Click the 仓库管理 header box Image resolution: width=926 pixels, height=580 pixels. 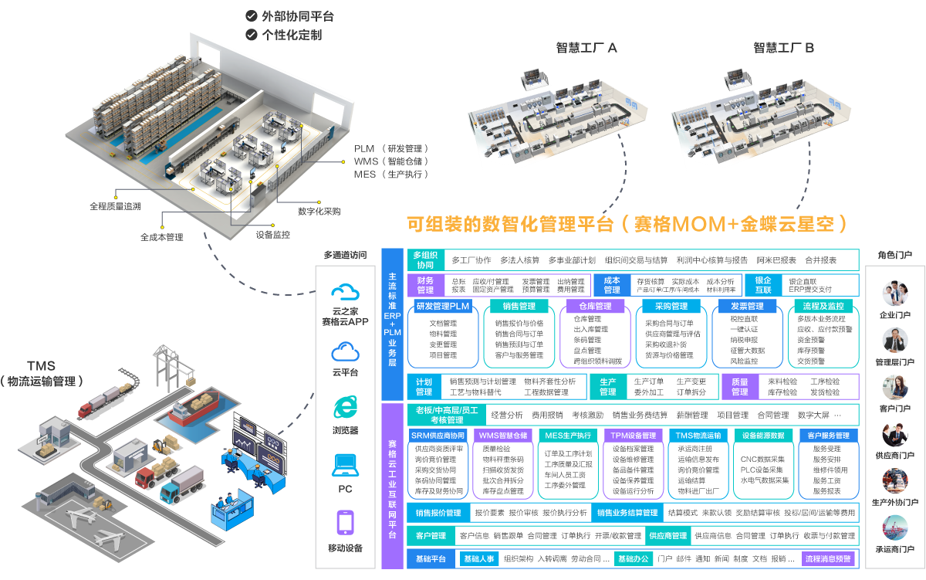(x=594, y=307)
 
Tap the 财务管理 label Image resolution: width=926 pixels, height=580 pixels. (x=425, y=285)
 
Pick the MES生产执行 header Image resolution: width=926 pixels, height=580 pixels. (x=568, y=436)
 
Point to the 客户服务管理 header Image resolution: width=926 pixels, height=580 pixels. (x=828, y=436)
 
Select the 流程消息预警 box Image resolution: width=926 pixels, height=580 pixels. (x=828, y=558)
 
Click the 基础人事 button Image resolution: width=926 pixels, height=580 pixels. (x=478, y=558)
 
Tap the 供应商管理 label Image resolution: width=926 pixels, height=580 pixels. (x=668, y=535)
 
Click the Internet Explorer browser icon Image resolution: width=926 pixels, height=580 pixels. (x=345, y=407)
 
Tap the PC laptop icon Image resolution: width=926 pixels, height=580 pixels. (x=345, y=465)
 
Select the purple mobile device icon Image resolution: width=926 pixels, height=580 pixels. (x=345, y=523)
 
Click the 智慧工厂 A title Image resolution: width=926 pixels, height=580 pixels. (x=586, y=48)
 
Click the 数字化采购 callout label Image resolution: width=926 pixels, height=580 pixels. (x=319, y=211)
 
